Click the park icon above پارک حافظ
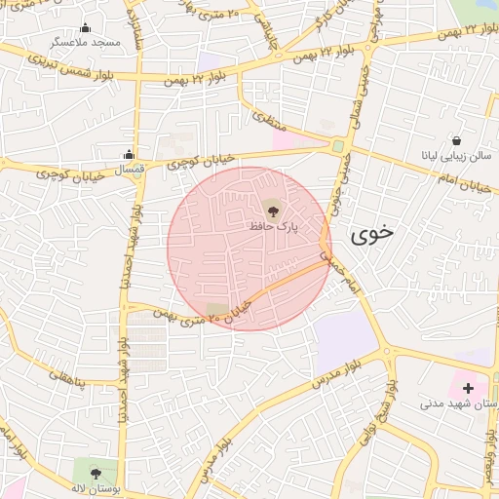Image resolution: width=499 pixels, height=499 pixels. click(271, 207)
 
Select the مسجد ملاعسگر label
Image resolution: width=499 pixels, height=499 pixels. click(86, 44)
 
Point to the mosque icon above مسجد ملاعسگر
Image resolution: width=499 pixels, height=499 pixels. click(85, 27)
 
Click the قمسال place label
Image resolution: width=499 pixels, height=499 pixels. click(130, 170)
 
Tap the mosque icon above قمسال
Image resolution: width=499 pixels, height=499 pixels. click(129, 153)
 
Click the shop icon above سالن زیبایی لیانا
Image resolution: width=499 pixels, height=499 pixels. click(457, 139)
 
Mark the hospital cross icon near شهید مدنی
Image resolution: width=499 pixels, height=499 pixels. click(469, 387)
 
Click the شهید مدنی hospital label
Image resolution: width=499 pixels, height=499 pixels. click(458, 403)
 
